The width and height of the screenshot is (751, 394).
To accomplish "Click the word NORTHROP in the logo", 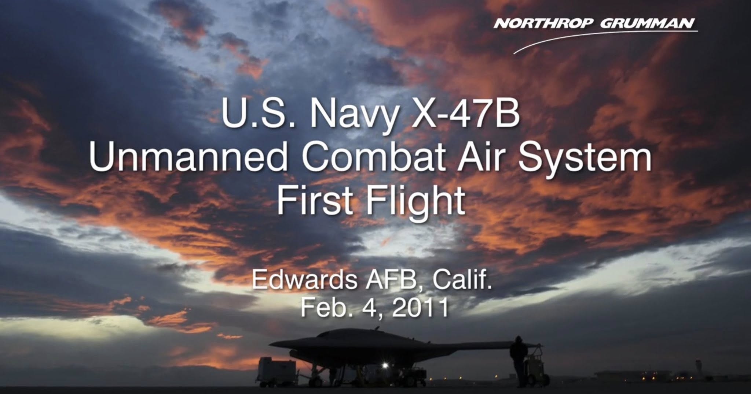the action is (x=543, y=24).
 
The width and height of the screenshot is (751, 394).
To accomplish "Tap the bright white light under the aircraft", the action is (x=385, y=366).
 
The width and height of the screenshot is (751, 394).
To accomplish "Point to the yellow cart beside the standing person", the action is (x=534, y=366).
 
